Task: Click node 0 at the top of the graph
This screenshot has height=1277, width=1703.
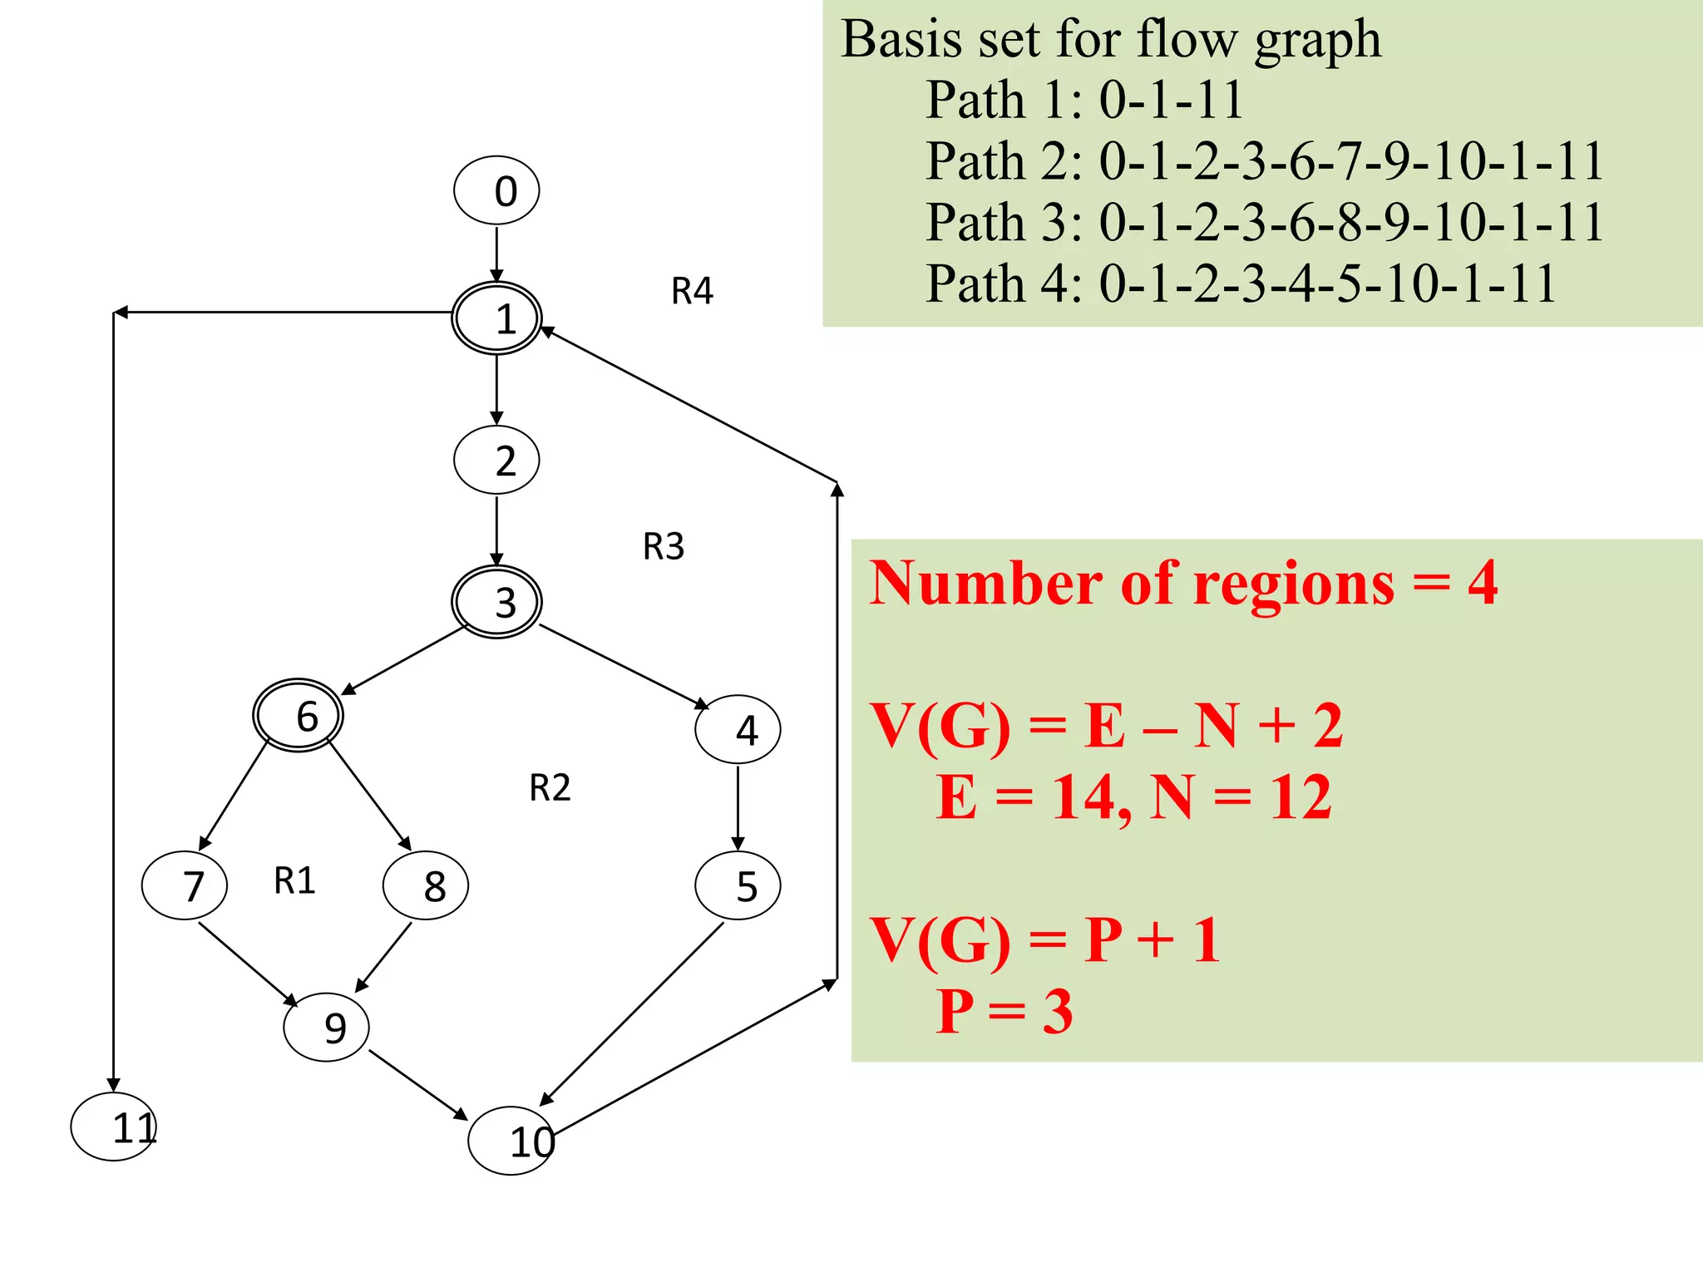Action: point(496,190)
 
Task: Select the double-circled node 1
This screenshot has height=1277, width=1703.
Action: point(496,318)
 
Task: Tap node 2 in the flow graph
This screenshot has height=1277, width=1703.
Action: point(496,460)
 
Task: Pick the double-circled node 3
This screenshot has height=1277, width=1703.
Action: point(496,602)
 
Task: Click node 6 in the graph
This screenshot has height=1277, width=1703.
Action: point(298,716)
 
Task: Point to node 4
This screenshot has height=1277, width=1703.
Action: point(738,730)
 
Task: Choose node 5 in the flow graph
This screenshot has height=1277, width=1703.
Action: point(738,886)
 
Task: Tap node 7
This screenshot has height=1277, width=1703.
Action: point(185,885)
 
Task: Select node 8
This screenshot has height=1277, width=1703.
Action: point(426,885)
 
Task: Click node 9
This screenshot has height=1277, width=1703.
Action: point(326,1028)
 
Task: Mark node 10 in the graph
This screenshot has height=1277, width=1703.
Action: point(511,1141)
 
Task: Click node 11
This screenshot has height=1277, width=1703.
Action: point(114,1127)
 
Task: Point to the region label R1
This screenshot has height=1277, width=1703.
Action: point(294,880)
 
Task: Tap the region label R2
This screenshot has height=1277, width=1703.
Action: point(550,787)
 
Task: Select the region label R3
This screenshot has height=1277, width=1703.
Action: point(664,546)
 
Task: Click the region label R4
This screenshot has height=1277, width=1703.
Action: point(692,291)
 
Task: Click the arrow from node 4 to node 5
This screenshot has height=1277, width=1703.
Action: point(738,806)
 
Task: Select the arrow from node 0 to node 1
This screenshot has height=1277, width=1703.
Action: point(496,254)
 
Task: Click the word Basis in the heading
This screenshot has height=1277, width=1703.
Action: point(901,39)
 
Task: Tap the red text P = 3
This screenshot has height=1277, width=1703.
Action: point(1005,1011)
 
